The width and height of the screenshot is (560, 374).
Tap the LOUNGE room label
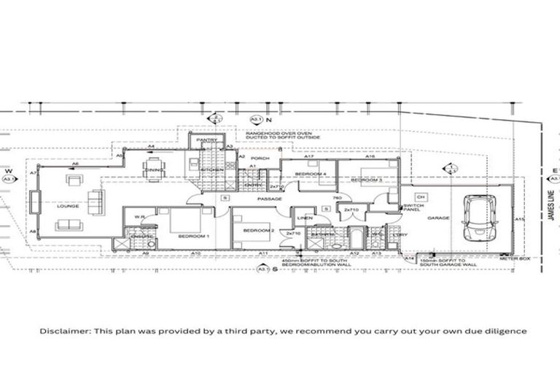pos(68,206)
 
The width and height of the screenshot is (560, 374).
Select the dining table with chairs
pos(155,170)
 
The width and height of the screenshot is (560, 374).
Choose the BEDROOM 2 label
pos(258,231)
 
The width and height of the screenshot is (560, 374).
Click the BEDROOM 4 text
pos(311,174)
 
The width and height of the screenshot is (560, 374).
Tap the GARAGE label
pos(438,218)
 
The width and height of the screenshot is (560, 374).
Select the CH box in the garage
pos(421,196)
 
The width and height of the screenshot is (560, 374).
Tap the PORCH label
pos(260,158)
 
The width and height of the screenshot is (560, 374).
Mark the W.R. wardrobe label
pos(137,215)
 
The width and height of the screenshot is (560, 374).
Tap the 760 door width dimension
pos(337,198)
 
